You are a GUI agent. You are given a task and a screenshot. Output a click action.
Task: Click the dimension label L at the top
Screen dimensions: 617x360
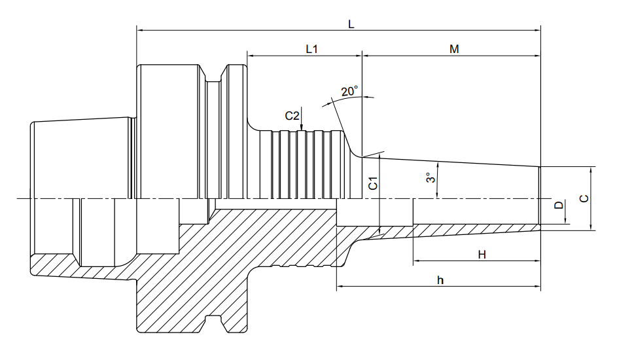click(351, 24)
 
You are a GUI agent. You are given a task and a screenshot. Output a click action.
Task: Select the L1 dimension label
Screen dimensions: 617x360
click(311, 49)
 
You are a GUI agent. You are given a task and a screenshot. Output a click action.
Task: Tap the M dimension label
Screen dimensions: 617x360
click(454, 49)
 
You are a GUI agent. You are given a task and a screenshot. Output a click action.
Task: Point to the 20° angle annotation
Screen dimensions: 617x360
click(349, 91)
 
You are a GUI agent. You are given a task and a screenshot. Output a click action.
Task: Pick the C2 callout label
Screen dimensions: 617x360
click(292, 116)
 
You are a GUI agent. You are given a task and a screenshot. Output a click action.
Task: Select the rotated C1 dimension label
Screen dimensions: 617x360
click(373, 183)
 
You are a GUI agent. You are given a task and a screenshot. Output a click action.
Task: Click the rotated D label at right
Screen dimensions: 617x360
click(559, 205)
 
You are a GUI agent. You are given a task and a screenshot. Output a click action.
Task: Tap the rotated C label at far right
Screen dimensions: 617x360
click(584, 198)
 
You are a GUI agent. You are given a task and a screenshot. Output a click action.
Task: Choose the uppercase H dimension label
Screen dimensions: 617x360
click(482, 255)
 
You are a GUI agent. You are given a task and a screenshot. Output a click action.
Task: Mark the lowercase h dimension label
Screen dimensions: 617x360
click(440, 280)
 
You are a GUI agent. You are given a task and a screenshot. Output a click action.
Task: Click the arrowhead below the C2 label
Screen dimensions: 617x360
click(301, 127)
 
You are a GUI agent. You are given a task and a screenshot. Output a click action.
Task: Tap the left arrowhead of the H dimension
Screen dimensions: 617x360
click(417, 261)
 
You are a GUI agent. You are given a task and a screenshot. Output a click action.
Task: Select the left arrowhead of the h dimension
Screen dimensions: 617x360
click(341, 287)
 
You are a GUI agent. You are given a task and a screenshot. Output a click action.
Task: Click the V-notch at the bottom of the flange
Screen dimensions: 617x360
click(214, 323)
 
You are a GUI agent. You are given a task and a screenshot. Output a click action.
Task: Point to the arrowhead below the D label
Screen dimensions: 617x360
click(565, 221)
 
